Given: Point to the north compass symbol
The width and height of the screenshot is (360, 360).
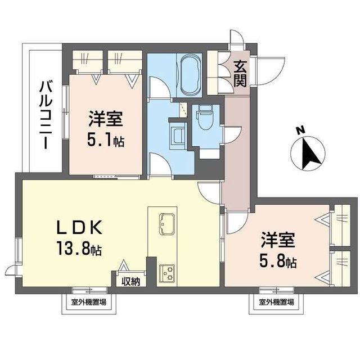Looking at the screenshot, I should [x=307, y=150].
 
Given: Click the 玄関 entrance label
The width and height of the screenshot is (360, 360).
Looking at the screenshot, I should [x=240, y=74].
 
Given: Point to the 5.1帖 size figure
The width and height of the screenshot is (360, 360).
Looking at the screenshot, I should [x=106, y=139].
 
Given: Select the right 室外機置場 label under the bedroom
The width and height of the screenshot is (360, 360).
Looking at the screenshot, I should [x=276, y=303].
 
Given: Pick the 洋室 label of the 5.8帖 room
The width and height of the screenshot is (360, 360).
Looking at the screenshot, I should [x=278, y=241].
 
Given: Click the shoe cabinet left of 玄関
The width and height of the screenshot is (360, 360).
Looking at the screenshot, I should [x=214, y=73].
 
